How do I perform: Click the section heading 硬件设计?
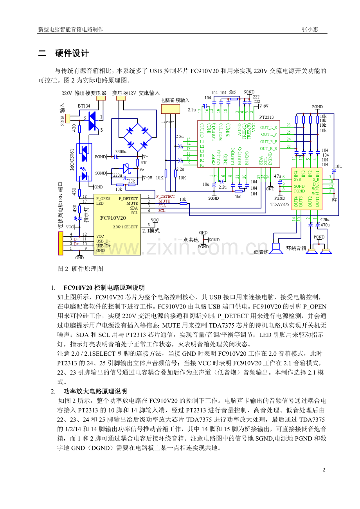tap(72, 54)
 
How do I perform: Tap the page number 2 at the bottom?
tap(323, 470)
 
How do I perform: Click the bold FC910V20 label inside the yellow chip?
tap(113, 218)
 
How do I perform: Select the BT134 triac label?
tap(84, 106)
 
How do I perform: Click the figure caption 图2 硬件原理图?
tap(80, 269)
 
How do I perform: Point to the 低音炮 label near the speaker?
tap(261, 251)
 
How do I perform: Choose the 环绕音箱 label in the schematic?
tap(296, 248)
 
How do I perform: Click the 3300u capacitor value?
tap(121, 152)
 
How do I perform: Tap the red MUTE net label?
tap(164, 201)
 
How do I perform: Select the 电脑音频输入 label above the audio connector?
tap(175, 100)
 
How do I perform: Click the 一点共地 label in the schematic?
tap(188, 240)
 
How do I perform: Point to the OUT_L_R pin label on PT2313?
tap(269, 127)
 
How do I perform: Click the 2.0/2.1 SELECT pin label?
tap(125, 227)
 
